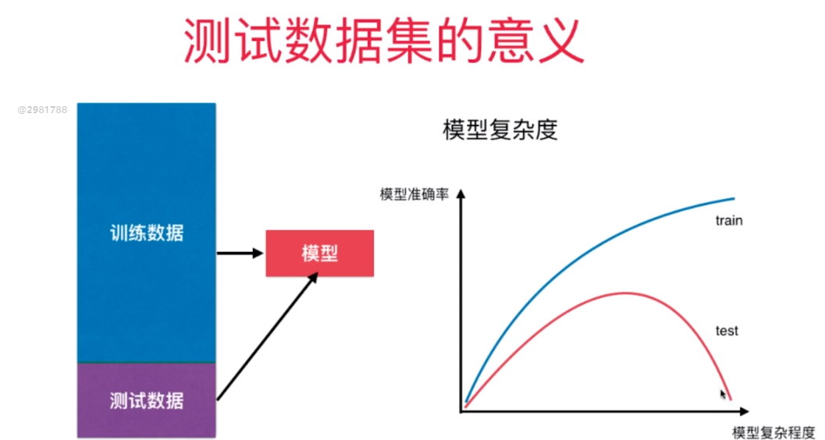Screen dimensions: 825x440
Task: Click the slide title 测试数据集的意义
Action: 383,40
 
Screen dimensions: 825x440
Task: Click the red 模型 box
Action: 319,253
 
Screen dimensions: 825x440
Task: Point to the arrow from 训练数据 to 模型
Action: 240,253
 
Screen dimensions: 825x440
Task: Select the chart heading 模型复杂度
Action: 500,130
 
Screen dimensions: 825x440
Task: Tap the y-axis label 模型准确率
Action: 414,194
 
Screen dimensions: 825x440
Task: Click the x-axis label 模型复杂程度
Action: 773,432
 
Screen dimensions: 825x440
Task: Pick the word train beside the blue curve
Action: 728,221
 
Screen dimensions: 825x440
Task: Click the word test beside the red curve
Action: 727,331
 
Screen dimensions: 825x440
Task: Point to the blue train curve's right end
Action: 734,199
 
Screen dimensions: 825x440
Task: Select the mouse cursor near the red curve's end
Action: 723,394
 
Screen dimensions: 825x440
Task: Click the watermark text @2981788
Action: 42,110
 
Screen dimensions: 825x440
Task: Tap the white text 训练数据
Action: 146,232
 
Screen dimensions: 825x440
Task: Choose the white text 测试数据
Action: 146,400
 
